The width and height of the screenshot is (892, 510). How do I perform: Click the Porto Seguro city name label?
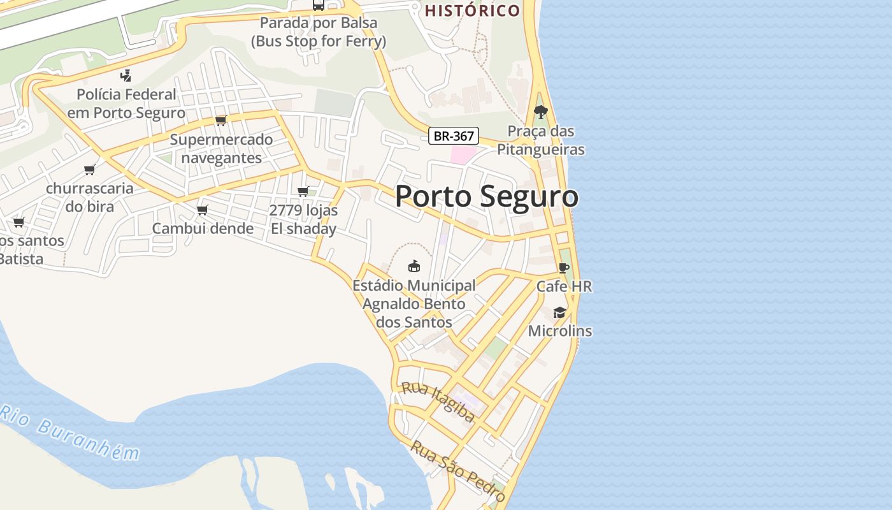(487, 196)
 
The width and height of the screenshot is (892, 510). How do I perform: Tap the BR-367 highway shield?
(453, 136)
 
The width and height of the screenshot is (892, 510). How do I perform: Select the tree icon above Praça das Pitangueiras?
(541, 112)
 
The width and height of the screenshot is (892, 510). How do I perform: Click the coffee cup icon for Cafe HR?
(563, 268)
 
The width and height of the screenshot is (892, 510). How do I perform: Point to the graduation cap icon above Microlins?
(559, 312)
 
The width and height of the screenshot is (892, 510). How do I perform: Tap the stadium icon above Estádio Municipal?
(414, 266)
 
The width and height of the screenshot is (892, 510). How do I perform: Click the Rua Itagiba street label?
(438, 402)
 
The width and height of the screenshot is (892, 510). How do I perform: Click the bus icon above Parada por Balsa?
(319, 5)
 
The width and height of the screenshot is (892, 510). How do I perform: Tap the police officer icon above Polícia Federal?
(126, 76)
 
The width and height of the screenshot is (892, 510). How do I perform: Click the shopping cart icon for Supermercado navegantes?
(220, 120)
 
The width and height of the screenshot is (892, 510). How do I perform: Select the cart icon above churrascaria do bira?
(90, 170)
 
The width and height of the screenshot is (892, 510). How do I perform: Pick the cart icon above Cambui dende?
(203, 210)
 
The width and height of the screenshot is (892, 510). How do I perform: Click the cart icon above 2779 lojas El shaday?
(303, 191)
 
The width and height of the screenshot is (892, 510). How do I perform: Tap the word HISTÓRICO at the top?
(472, 10)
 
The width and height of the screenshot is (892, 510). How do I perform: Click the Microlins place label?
(560, 331)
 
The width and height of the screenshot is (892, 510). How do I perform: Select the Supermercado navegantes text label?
(221, 149)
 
